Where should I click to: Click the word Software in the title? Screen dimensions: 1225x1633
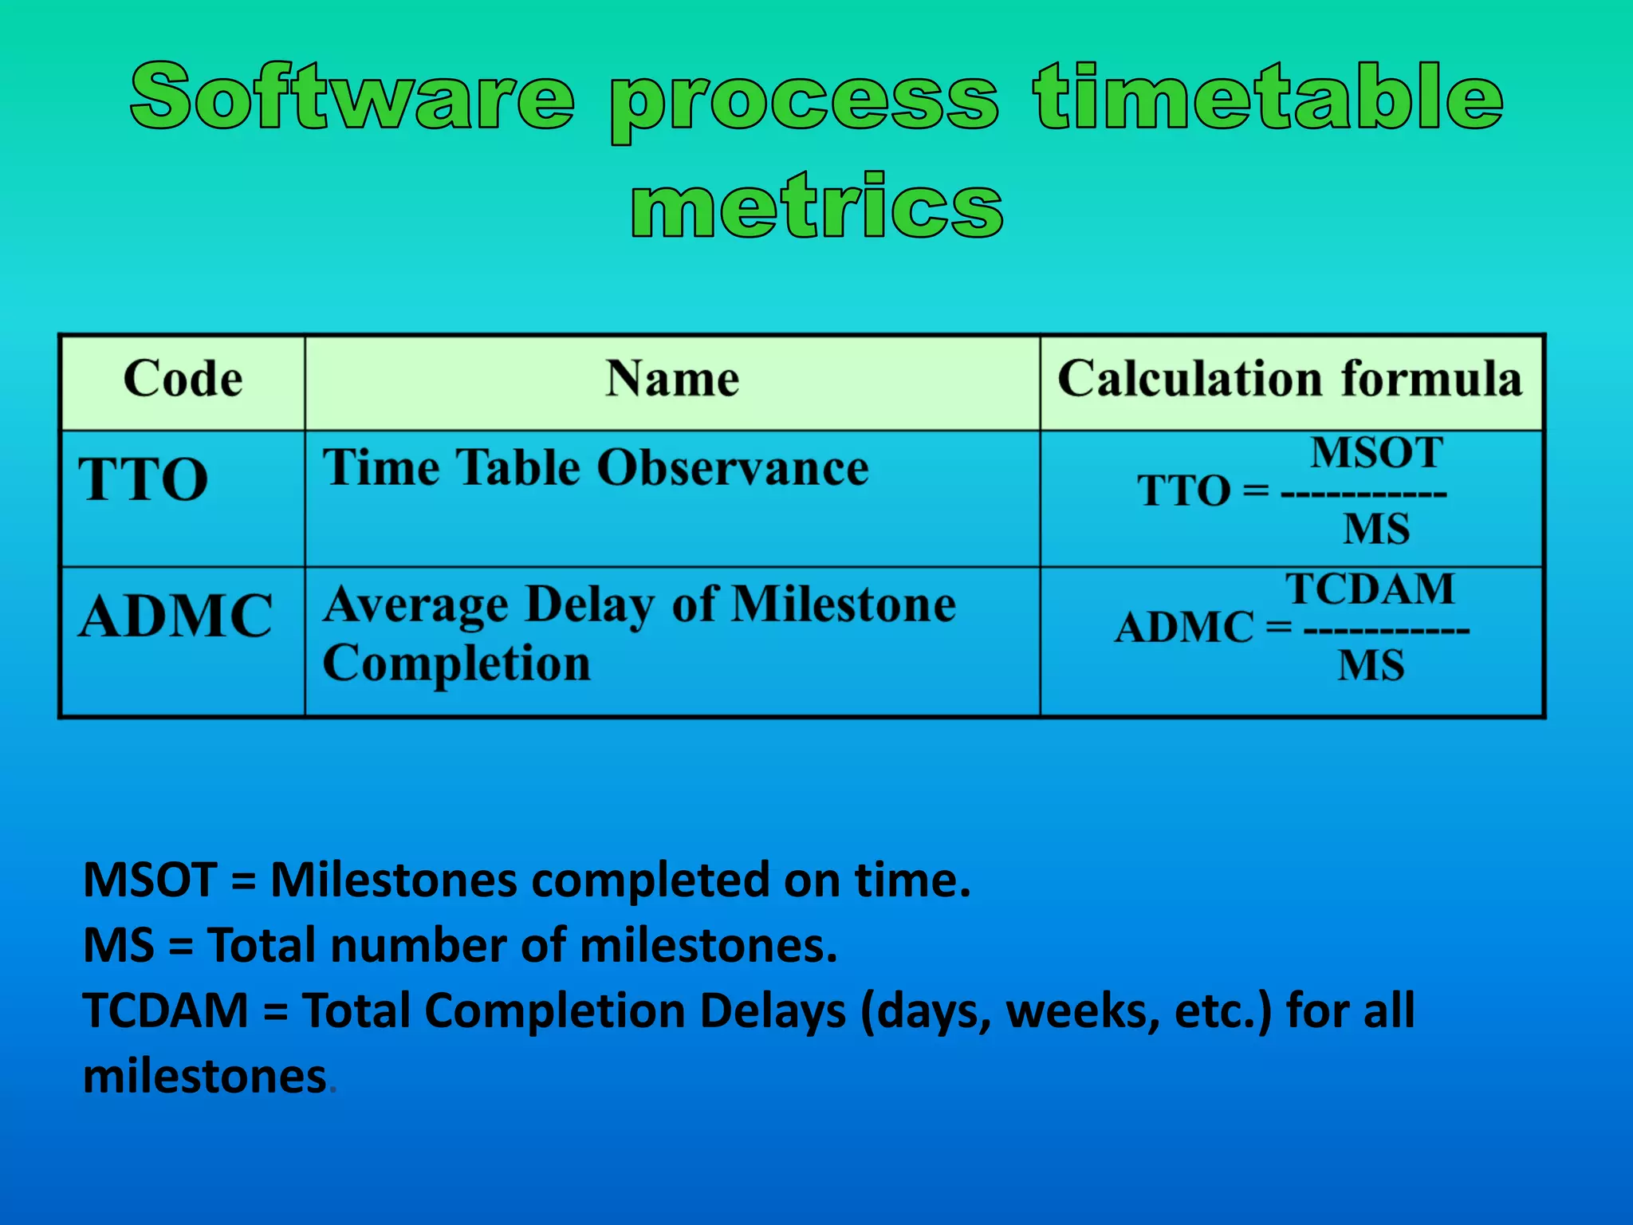[352, 97]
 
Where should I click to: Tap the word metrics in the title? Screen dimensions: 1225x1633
[816, 206]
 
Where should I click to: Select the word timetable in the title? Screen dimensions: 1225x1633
[1268, 97]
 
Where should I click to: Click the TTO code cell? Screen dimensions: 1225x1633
[144, 479]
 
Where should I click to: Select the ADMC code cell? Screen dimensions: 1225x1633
[176, 616]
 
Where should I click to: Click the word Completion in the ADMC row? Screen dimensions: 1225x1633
[456, 664]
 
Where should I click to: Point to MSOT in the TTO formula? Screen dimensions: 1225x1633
[1376, 453]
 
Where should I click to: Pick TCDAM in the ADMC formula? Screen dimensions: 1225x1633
[1370, 589]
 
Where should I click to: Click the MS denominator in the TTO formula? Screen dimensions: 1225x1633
[1376, 529]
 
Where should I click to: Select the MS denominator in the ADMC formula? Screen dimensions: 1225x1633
[1371, 665]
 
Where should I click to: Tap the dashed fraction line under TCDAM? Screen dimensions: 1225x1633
[1386, 630]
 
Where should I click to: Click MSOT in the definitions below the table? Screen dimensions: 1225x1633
[150, 880]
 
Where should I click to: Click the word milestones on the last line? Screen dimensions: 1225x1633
[205, 1077]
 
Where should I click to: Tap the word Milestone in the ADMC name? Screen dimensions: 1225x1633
[844, 605]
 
